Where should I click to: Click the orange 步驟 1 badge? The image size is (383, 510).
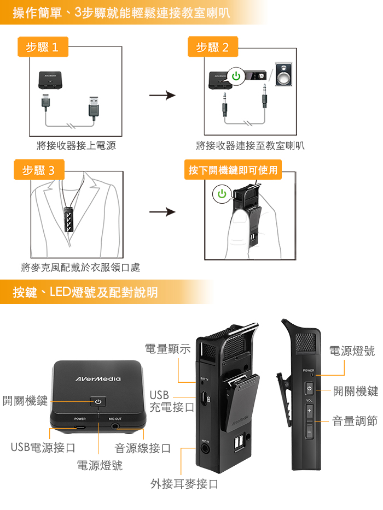(x=43, y=47)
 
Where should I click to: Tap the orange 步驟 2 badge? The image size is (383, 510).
(x=213, y=47)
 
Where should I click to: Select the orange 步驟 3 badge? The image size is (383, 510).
(x=39, y=169)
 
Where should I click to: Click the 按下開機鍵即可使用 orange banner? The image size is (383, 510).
(x=233, y=169)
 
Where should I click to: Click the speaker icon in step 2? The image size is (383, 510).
(x=283, y=74)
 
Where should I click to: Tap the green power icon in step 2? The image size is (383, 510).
(x=236, y=76)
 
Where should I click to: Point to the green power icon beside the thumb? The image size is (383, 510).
(x=222, y=193)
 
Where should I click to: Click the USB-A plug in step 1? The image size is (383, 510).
(x=94, y=106)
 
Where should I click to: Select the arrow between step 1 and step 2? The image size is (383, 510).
(x=163, y=96)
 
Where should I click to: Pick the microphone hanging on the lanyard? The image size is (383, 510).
(x=69, y=219)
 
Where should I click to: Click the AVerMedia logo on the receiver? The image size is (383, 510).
(x=98, y=379)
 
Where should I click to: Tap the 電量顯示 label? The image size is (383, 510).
(x=167, y=349)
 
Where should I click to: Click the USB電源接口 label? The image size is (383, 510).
(x=43, y=448)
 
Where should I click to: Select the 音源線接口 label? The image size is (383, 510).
(x=142, y=448)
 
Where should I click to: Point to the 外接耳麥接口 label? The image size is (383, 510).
(x=184, y=484)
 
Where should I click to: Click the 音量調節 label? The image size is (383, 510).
(x=355, y=421)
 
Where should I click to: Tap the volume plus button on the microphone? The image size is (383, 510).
(x=309, y=411)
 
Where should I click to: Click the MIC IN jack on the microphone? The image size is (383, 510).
(x=205, y=449)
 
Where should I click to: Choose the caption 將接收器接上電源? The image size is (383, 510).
(x=76, y=145)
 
